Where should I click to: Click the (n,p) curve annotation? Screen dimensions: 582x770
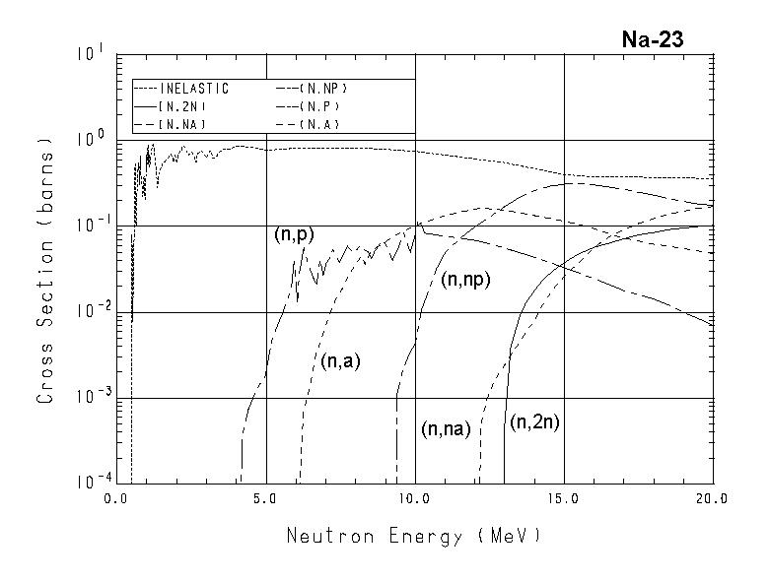coord(293,235)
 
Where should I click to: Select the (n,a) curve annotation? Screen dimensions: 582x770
coord(340,361)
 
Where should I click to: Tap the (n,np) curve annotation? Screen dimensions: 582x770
coord(465,280)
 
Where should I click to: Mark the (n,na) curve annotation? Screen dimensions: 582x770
coord(446,429)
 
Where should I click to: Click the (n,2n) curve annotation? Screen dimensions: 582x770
coord(534,423)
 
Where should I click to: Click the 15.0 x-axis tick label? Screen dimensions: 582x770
coord(563,499)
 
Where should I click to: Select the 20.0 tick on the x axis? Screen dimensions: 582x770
coord(711,499)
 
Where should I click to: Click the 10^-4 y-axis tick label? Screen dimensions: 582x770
coord(86,482)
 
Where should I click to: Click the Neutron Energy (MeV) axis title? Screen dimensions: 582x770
coord(414,537)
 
